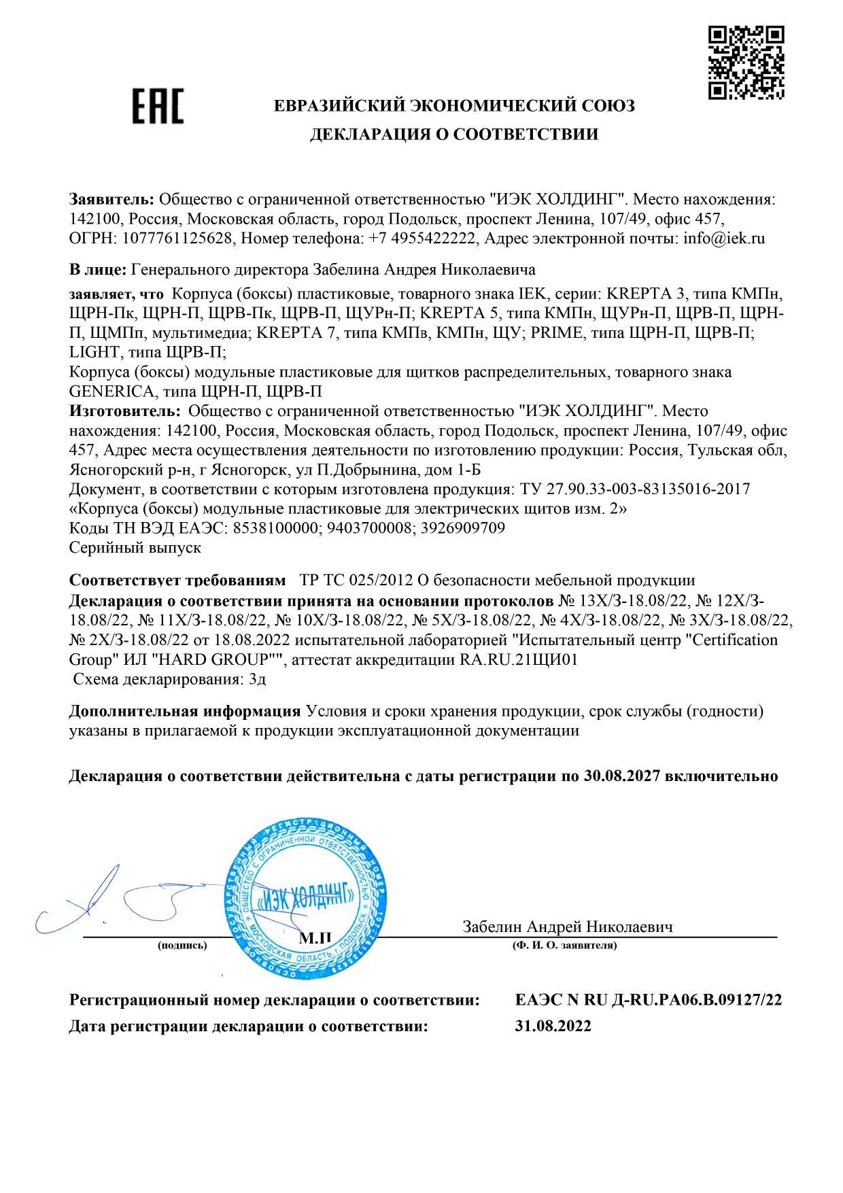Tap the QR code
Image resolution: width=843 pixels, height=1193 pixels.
click(x=746, y=63)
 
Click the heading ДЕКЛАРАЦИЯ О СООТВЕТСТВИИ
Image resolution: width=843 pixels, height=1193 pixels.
click(x=454, y=134)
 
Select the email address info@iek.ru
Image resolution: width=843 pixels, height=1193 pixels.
click(x=724, y=239)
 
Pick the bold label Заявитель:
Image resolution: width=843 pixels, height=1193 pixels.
click(x=112, y=199)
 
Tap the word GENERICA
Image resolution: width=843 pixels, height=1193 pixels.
click(x=112, y=392)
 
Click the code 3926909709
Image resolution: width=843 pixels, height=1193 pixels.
click(x=463, y=528)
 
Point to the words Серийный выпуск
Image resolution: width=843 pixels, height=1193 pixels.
click(x=135, y=547)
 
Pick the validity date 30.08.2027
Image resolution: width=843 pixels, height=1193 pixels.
click(x=621, y=776)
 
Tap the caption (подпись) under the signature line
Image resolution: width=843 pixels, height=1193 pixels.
click(x=182, y=945)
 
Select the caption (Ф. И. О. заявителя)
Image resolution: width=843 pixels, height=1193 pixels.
click(x=564, y=945)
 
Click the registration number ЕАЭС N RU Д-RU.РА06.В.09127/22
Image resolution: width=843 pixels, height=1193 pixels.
click(x=648, y=999)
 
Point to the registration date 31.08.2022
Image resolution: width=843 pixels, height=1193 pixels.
click(x=553, y=1026)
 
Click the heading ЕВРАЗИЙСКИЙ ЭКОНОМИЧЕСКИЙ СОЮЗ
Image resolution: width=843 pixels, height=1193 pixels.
click(x=454, y=105)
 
